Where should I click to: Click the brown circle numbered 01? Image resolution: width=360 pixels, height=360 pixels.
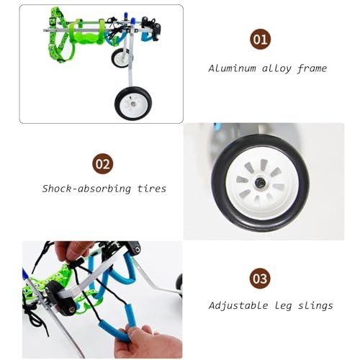coord(261,39)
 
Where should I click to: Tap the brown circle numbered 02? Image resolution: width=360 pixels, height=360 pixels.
coord(102,163)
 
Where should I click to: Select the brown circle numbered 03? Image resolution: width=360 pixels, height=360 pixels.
coord(260,279)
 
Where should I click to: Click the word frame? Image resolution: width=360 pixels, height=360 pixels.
coord(312,69)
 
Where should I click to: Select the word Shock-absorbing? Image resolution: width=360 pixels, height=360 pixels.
coord(86,189)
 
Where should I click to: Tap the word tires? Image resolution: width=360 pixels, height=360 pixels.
coord(152,189)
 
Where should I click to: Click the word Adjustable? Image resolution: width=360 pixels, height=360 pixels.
coord(238,306)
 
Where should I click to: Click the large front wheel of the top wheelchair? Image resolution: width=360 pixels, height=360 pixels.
coord(133,104)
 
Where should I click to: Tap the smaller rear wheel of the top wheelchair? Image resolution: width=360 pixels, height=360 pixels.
coord(120,58)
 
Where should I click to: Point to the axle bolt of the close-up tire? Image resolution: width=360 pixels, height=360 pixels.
coord(260,183)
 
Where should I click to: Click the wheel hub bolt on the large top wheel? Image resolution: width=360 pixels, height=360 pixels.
coord(132,104)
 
